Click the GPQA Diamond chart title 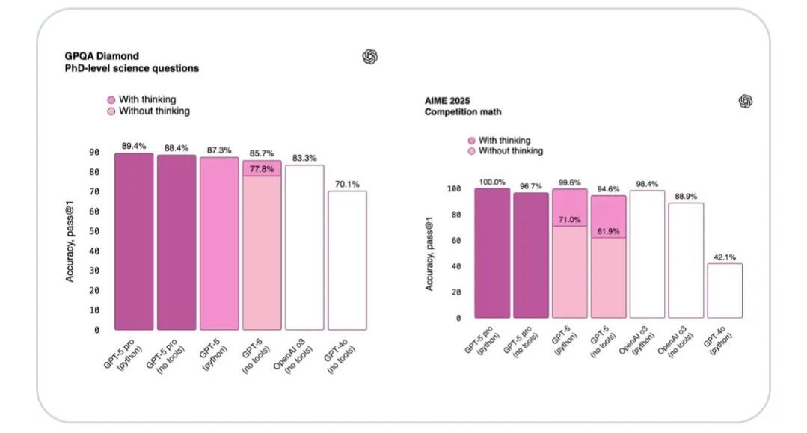[x=101, y=56]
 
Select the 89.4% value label [x=134, y=146]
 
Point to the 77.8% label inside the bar [x=262, y=169]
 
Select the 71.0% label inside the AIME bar [x=569, y=219]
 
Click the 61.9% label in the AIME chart [x=607, y=231]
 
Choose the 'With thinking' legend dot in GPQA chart [x=111, y=99]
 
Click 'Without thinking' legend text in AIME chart [x=511, y=151]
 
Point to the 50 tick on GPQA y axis [x=94, y=231]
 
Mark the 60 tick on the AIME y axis [x=453, y=240]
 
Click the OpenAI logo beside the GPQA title [x=369, y=56]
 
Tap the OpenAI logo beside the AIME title [x=745, y=101]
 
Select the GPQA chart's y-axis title [x=70, y=236]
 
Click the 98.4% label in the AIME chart [x=645, y=184]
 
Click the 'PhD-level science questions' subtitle [x=132, y=68]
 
